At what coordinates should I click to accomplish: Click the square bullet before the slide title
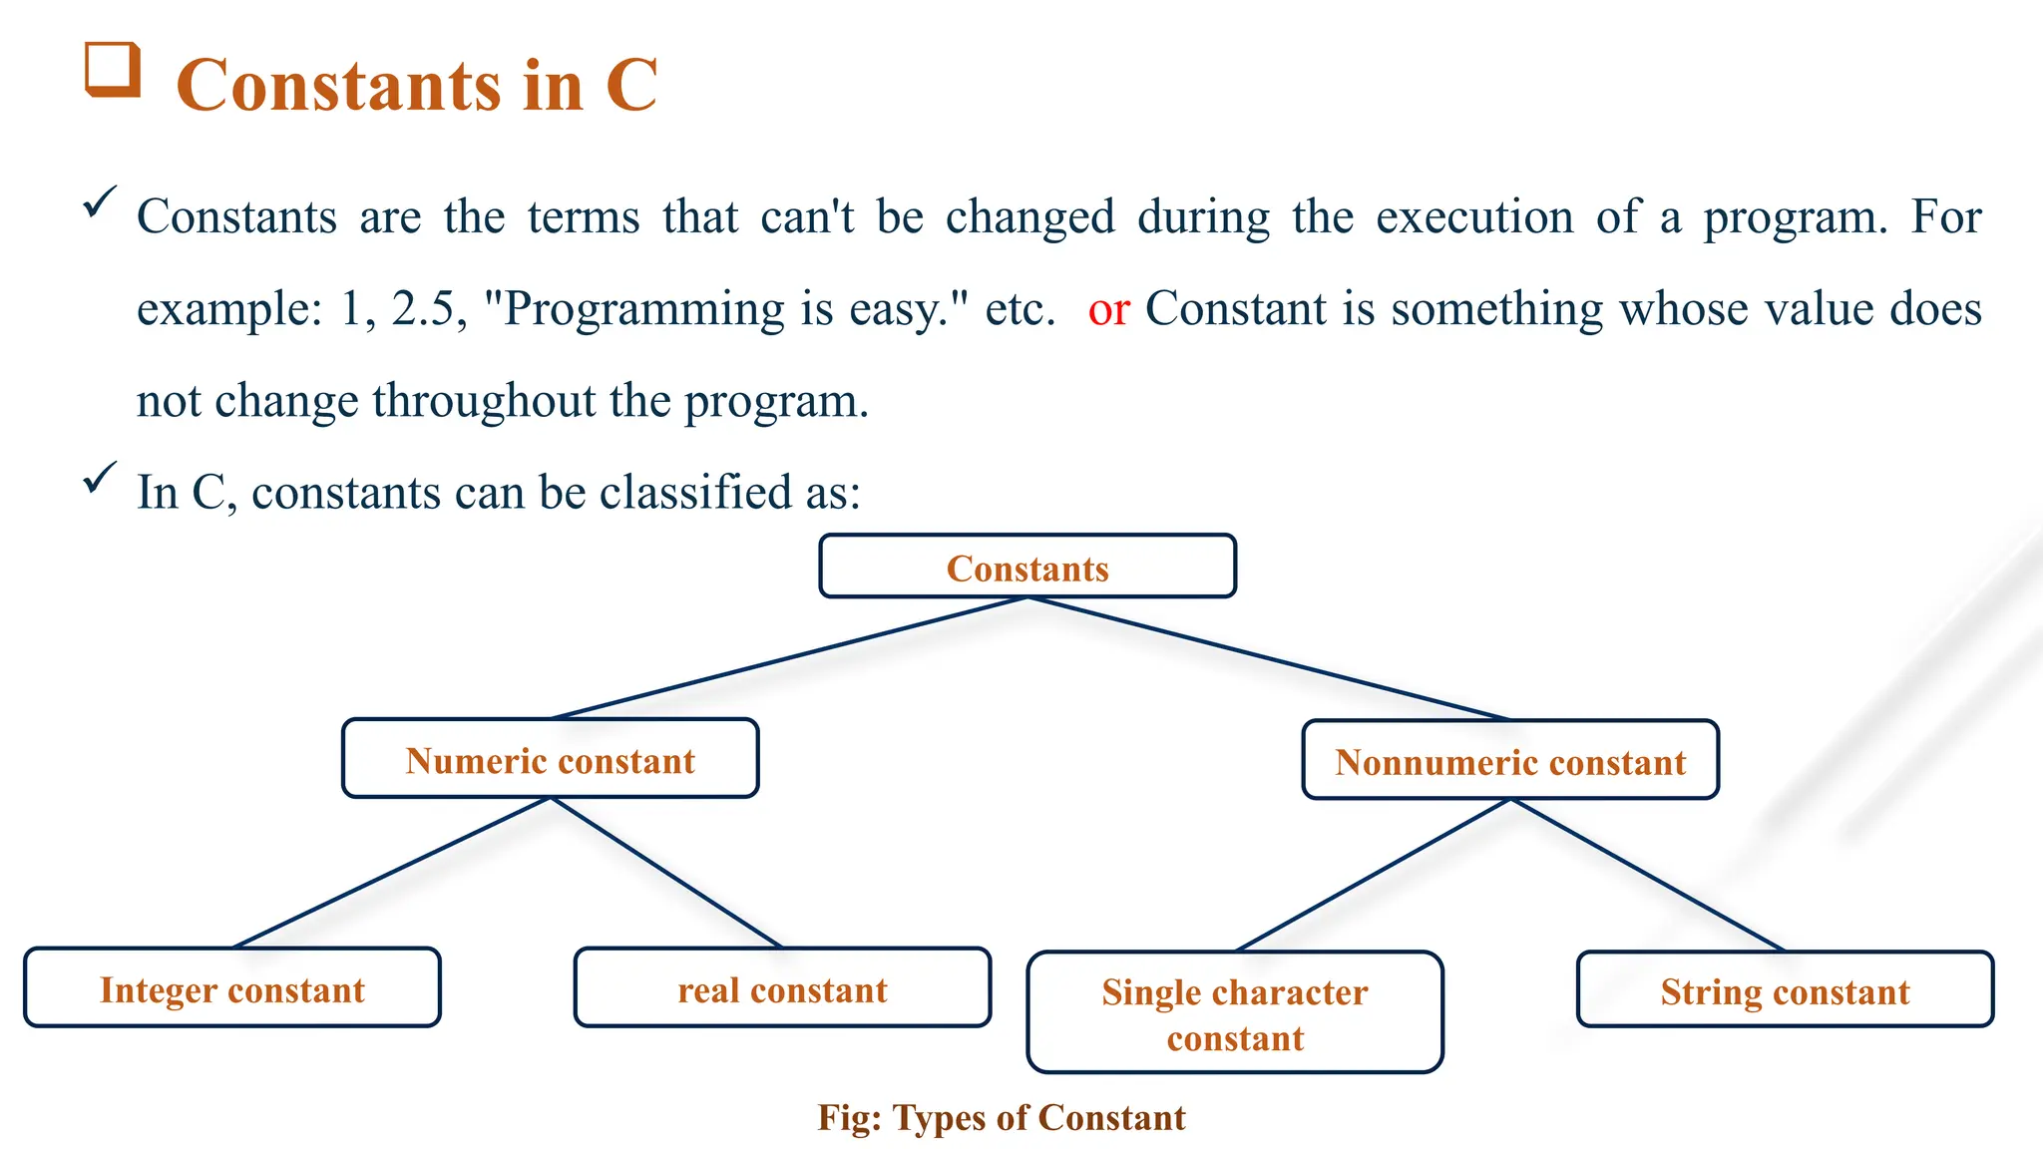click(x=112, y=70)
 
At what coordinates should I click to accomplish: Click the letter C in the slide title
click(x=630, y=86)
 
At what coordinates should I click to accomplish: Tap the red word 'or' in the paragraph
click(x=1108, y=309)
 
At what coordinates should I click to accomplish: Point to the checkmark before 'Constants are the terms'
click(x=100, y=202)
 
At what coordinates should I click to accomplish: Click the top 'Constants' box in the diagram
click(x=1027, y=567)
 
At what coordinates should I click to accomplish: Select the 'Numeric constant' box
click(x=550, y=759)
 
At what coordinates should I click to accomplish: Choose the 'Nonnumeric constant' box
click(x=1510, y=760)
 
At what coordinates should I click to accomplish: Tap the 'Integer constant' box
click(x=232, y=987)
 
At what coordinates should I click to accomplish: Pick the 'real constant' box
click(x=782, y=987)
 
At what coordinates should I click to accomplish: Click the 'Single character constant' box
click(x=1235, y=1012)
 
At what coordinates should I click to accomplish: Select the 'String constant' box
click(x=1785, y=989)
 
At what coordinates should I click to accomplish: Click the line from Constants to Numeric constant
click(x=788, y=658)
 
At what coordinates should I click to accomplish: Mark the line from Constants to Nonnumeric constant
click(x=1269, y=658)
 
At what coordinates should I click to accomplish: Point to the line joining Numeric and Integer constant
click(x=391, y=873)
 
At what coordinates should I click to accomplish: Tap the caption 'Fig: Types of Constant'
click(x=1002, y=1118)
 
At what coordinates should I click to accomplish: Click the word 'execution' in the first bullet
click(x=1474, y=217)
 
